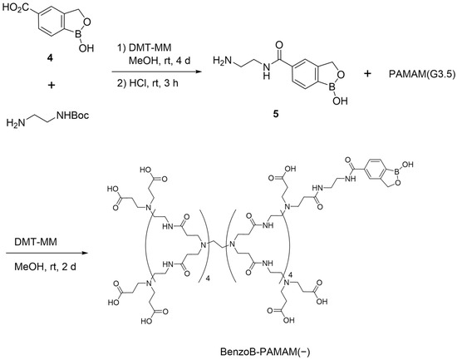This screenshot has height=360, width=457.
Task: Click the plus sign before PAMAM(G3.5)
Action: pos(367,74)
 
